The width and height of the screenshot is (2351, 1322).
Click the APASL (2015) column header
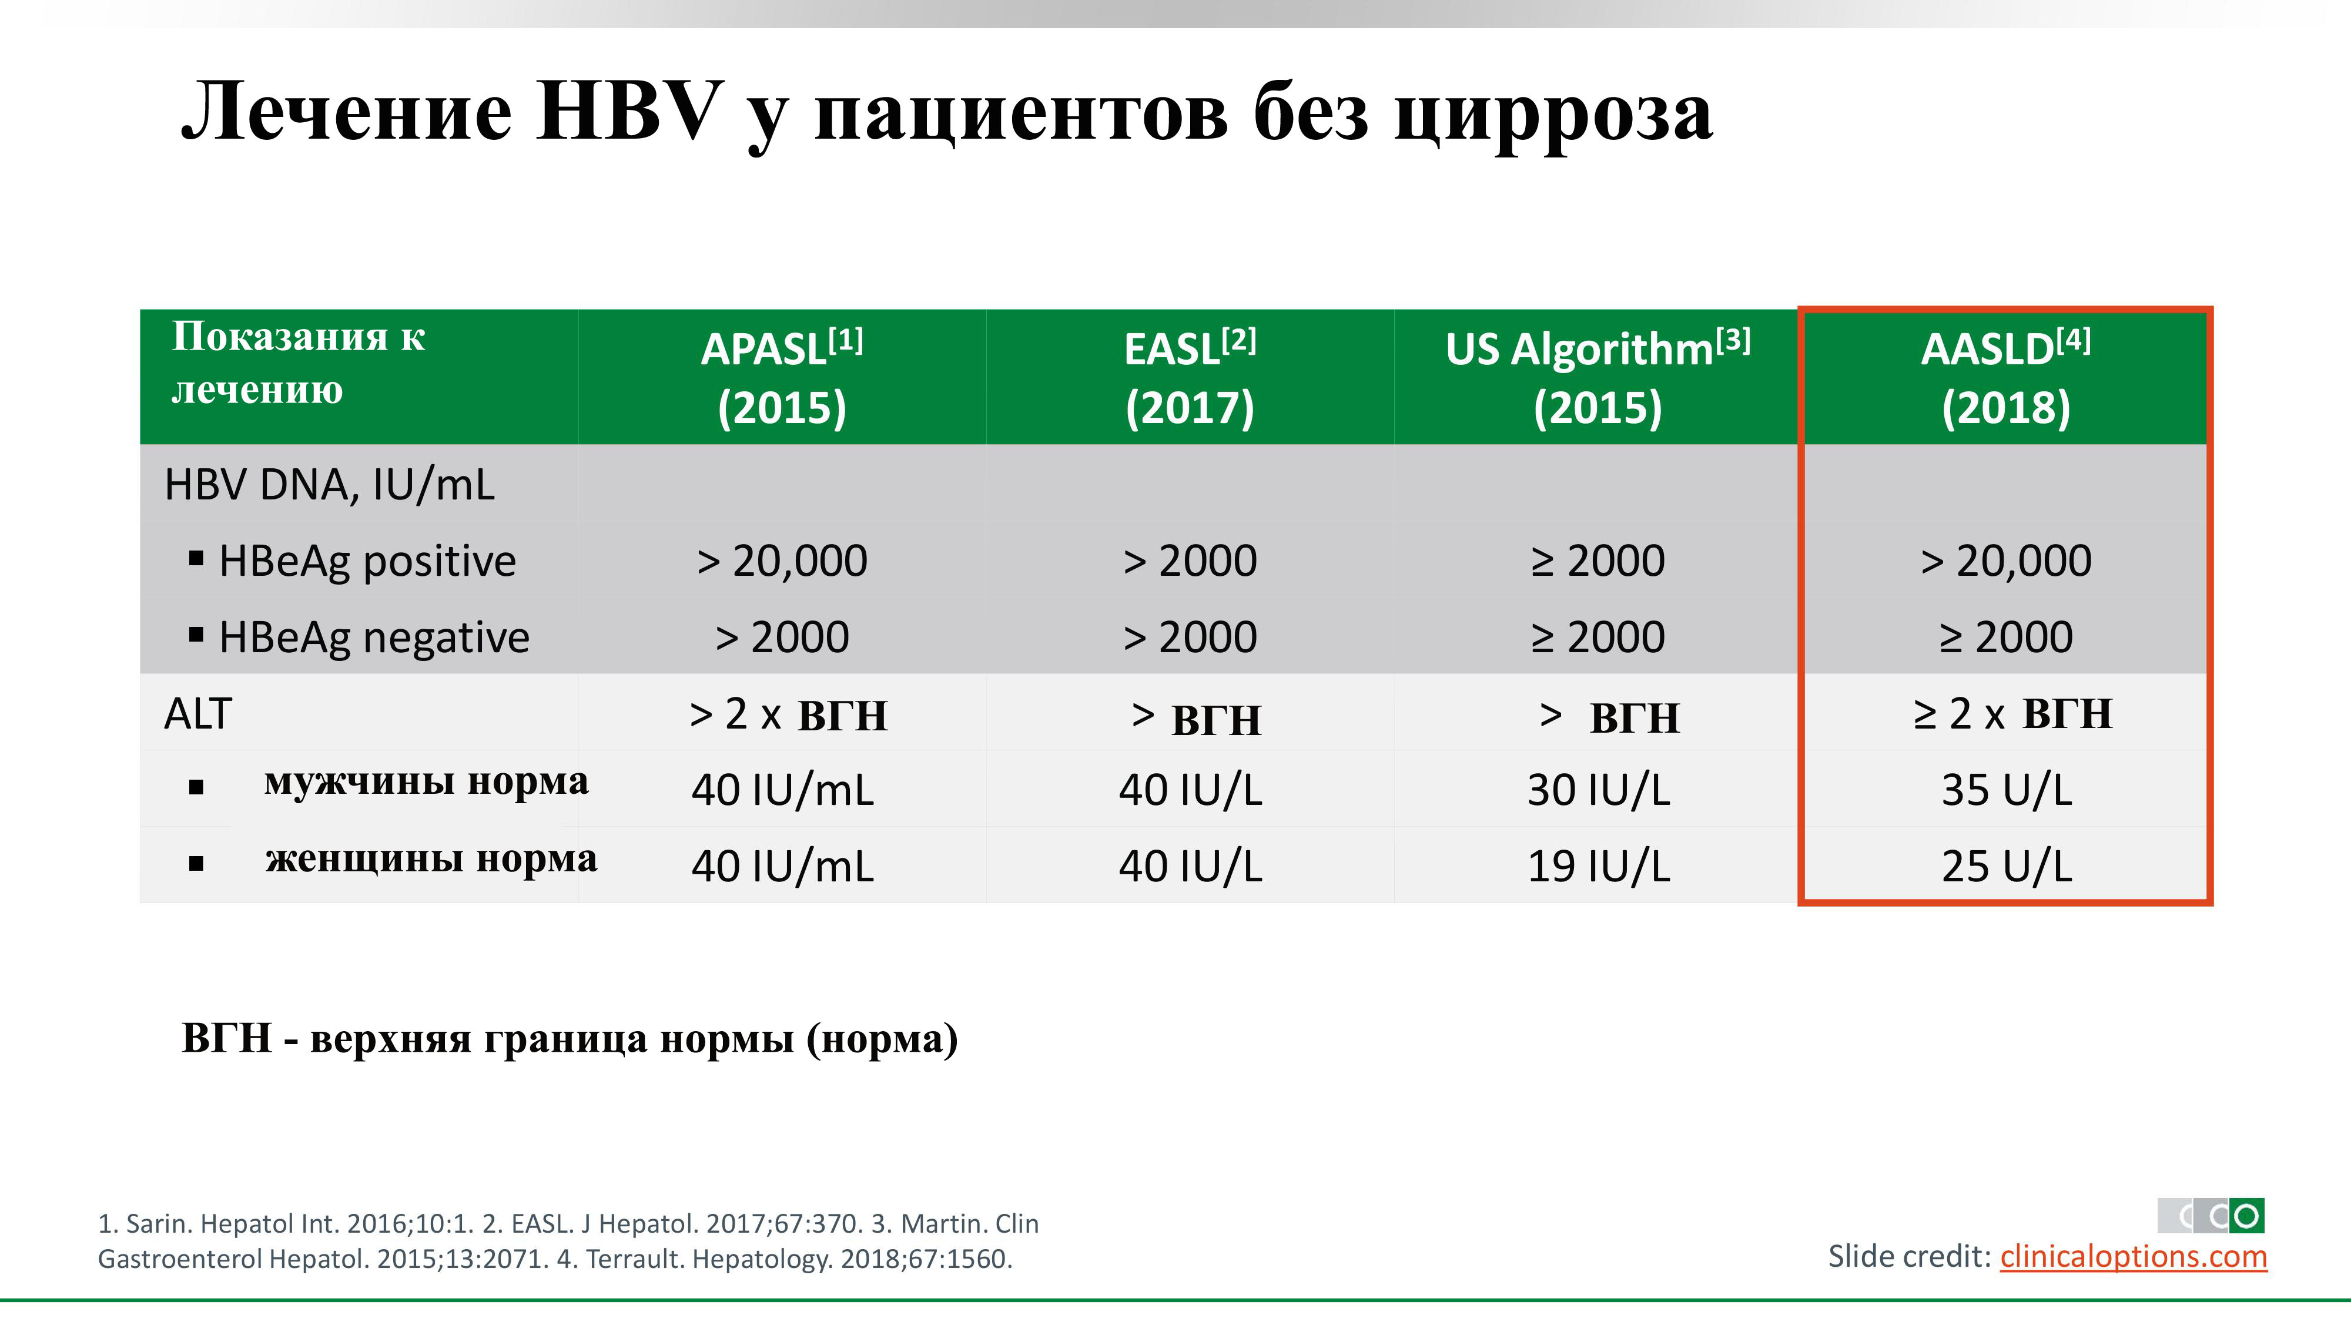[x=782, y=378]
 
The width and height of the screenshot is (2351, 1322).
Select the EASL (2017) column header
[x=1190, y=378]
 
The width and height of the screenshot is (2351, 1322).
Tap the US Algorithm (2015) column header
[x=1598, y=378]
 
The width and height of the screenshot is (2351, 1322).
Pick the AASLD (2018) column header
[x=2006, y=378]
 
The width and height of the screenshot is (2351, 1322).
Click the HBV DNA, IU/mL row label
[x=330, y=485]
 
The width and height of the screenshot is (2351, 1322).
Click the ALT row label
[x=198, y=713]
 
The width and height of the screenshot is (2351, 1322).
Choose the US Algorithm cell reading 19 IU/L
[x=1598, y=866]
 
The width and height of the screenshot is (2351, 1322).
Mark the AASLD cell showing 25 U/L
[x=2006, y=866]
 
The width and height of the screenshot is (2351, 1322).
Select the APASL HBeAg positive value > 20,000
[x=782, y=561]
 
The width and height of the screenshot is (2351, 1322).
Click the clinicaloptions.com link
[x=2134, y=1257]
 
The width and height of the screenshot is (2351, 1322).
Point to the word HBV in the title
[x=629, y=111]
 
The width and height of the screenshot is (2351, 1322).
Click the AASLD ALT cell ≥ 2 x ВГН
[x=2012, y=713]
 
